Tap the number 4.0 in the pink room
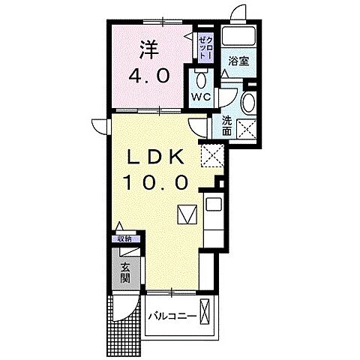[x=153, y=76]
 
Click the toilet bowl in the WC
[x=200, y=79]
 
